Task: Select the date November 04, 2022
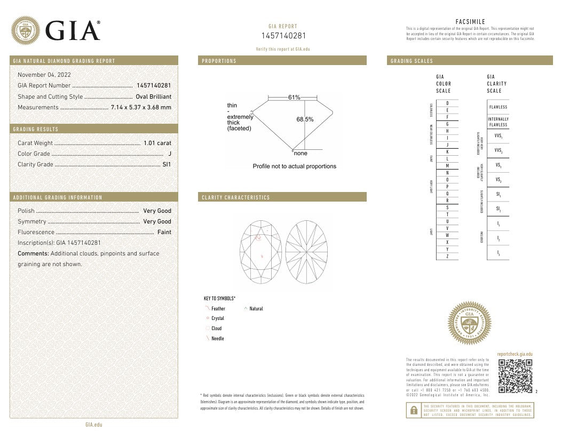44,75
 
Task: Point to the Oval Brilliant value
154,97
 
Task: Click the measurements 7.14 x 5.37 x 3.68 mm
141,107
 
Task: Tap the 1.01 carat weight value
157,143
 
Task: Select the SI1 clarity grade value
167,164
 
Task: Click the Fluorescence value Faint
164,232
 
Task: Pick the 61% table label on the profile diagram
294,98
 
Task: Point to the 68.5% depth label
305,119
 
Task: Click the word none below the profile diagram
301,153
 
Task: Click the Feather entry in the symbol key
218,308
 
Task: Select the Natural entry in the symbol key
256,308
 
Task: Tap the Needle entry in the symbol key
217,339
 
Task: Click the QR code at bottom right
515,377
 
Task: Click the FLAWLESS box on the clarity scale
498,107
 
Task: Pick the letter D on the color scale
447,102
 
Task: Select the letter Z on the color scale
447,257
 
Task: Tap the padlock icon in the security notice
413,410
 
